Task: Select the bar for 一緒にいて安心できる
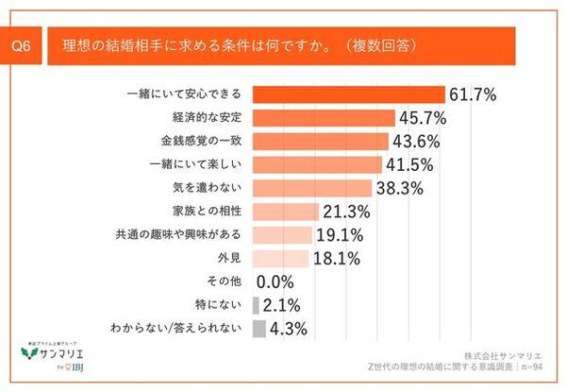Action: (349, 94)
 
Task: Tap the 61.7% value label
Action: (472, 94)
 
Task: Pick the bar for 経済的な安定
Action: (325, 118)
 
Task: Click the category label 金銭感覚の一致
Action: (202, 142)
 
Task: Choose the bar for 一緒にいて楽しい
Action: (318, 164)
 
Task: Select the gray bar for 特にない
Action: (257, 305)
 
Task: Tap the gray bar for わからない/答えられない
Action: (259, 329)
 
